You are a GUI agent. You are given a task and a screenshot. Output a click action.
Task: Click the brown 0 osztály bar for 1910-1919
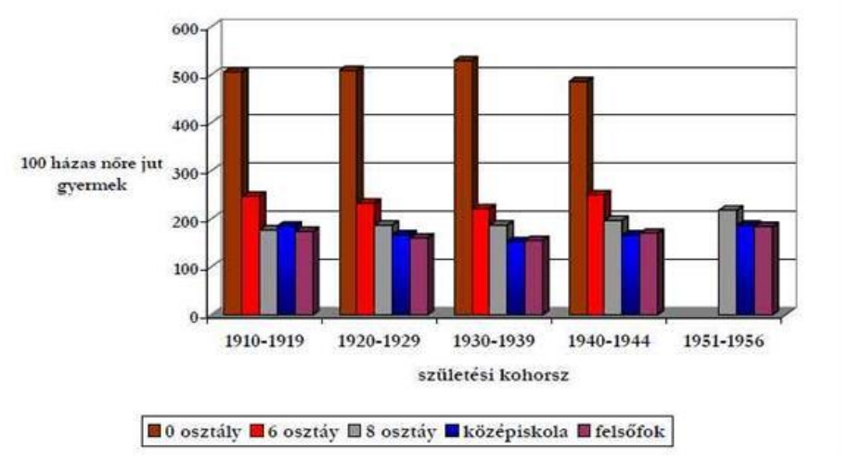[x=232, y=195]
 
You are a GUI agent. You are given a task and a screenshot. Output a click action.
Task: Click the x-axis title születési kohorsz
[x=491, y=377]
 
